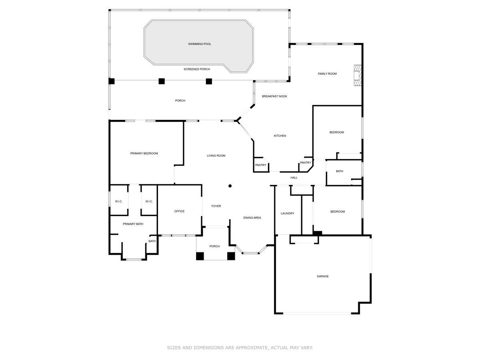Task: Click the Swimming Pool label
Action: pyautogui.click(x=200, y=44)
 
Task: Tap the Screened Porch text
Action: pyautogui.click(x=197, y=69)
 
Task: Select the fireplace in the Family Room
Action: pyautogui.click(x=357, y=75)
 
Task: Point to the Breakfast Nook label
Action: pyautogui.click(x=274, y=96)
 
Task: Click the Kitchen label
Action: pyautogui.click(x=280, y=136)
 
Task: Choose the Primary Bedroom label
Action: pyautogui.click(x=144, y=154)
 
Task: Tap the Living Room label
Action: pyautogui.click(x=216, y=156)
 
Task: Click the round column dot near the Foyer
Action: pyautogui.click(x=230, y=186)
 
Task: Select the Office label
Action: pyautogui.click(x=179, y=211)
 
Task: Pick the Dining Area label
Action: pyautogui.click(x=252, y=218)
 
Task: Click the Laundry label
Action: pyautogui.click(x=287, y=214)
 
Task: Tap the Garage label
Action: pyautogui.click(x=323, y=276)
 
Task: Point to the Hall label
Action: pyautogui.click(x=294, y=178)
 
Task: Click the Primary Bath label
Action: pyautogui.click(x=133, y=224)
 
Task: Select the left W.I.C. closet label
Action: pyautogui.click(x=119, y=202)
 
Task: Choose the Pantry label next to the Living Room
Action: pyautogui.click(x=261, y=165)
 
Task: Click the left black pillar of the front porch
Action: pyautogui.click(x=200, y=256)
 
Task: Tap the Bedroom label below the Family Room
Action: pyautogui.click(x=336, y=132)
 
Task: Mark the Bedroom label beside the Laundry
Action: pyautogui.click(x=337, y=212)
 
